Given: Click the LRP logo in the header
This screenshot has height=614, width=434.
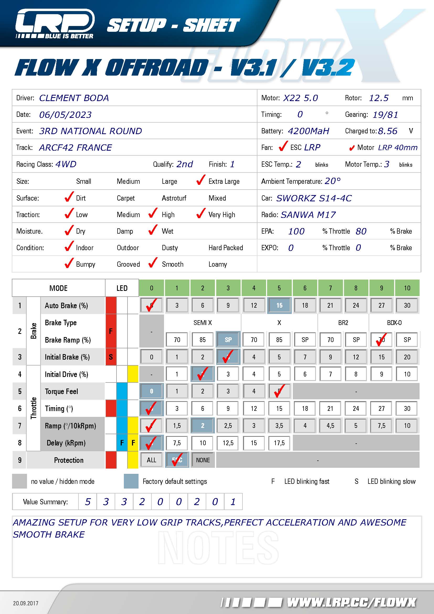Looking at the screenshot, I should click(55, 24).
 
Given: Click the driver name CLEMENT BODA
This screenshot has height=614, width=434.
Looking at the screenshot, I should click(74, 98).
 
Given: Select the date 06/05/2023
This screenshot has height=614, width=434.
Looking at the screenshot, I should click(65, 115).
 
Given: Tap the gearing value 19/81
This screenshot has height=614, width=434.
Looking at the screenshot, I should click(385, 115).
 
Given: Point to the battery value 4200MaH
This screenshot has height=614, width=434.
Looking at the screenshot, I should click(308, 131).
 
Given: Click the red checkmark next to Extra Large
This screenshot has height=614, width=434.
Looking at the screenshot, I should click(201, 180).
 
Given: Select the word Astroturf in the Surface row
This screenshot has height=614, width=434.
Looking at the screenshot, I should click(174, 198).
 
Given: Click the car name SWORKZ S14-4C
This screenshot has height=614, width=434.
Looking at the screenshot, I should click(314, 198).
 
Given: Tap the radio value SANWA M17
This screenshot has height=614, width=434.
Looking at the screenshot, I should click(308, 215).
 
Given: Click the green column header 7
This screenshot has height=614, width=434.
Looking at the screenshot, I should click(330, 288).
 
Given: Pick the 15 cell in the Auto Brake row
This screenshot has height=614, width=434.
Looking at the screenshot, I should click(279, 305).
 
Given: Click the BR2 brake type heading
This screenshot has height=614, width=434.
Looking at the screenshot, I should click(343, 323).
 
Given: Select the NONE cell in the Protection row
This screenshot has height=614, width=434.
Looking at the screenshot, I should click(203, 460).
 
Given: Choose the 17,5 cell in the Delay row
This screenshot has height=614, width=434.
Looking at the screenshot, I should click(279, 443).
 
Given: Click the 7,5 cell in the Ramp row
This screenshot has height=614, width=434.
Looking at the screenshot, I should click(381, 426).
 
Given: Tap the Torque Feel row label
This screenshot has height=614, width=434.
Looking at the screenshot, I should click(61, 391).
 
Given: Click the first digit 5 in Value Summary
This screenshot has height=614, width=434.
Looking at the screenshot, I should click(88, 502).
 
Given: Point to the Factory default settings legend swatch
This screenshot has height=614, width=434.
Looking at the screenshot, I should click(131, 481).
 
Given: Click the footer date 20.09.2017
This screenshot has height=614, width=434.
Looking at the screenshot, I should click(26, 603).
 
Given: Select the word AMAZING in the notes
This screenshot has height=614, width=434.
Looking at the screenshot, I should click(34, 522).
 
